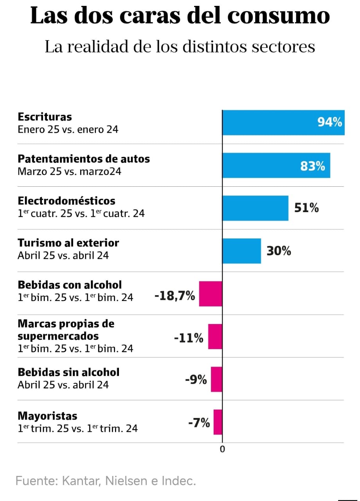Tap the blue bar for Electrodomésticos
tap(255, 208)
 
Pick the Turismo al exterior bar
tap(241, 250)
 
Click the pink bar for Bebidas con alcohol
tap(211, 294)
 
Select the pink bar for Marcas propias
tap(215, 336)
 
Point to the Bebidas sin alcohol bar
tap(216, 379)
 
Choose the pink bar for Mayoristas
tap(218, 422)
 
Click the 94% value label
tap(329, 123)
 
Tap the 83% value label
tap(313, 166)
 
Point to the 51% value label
tap(306, 208)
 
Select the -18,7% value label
tap(175, 296)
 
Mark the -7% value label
tap(199, 423)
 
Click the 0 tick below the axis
tap(222, 449)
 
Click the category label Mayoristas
tap(47, 416)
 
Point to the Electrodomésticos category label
tap(67, 201)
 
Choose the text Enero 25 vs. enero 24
tap(68, 129)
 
